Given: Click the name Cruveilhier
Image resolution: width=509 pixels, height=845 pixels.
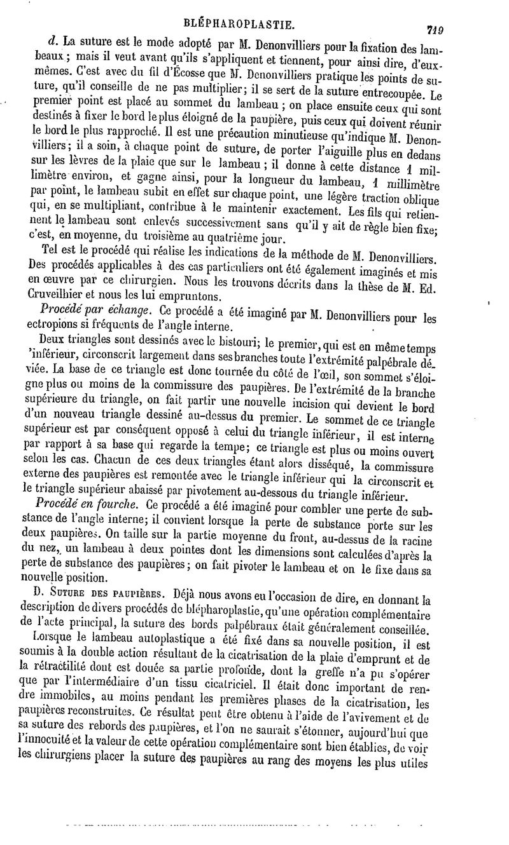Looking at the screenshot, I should pos(60,296).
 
